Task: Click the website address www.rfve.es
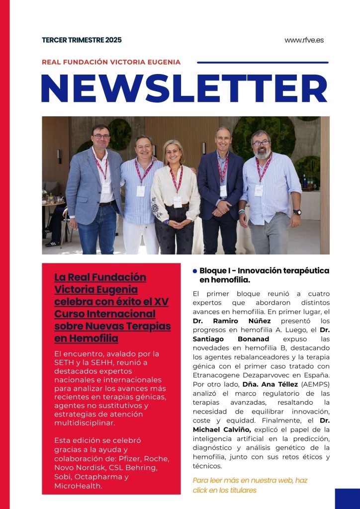304,40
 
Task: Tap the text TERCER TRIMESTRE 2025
82,40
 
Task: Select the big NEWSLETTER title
184,89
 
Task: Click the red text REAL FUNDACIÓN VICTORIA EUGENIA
111,62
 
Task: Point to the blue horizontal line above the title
263,63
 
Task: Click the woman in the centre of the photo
176,194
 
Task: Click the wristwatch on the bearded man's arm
297,212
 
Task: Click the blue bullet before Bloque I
195,271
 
